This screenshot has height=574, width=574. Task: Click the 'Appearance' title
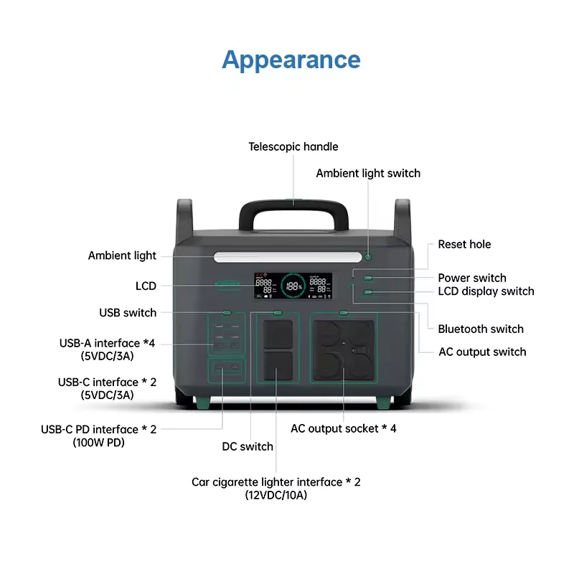click(x=291, y=59)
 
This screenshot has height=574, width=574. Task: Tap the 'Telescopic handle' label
click(x=293, y=146)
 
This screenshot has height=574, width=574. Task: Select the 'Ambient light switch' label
click(x=368, y=173)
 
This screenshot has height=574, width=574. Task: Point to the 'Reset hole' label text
click(x=464, y=245)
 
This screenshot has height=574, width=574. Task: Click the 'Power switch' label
click(x=472, y=278)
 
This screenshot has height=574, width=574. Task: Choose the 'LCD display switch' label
click(x=486, y=291)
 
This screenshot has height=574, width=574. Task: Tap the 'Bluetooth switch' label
click(x=481, y=329)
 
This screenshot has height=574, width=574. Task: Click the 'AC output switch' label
click(x=482, y=352)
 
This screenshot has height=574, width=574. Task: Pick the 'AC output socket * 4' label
click(x=343, y=428)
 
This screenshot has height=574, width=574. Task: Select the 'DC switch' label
click(x=248, y=446)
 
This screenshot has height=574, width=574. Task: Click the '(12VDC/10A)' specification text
click(x=276, y=495)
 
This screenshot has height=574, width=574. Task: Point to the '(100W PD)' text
click(x=98, y=442)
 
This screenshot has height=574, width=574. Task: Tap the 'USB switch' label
click(x=128, y=313)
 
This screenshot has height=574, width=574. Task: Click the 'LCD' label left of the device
click(x=146, y=286)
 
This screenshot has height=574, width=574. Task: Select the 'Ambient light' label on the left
click(x=122, y=255)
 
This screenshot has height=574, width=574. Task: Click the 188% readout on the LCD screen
click(x=294, y=286)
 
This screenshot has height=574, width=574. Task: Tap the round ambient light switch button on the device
click(x=368, y=257)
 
